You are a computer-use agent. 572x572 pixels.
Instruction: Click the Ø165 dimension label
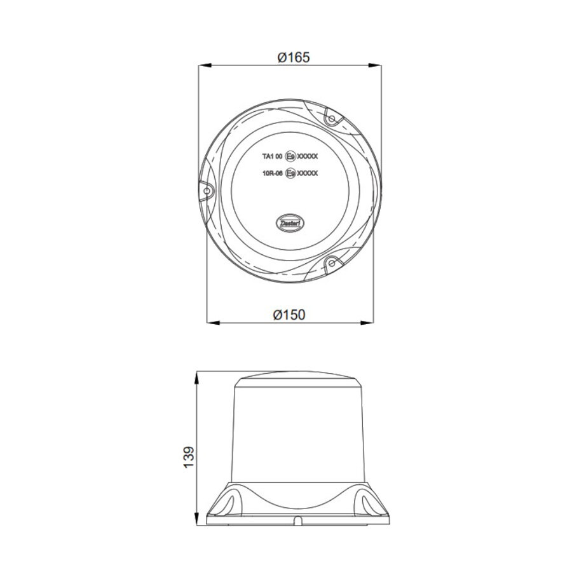(x=293, y=57)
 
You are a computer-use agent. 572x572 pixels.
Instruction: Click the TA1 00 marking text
(x=272, y=155)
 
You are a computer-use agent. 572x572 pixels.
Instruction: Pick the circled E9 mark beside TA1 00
(x=292, y=155)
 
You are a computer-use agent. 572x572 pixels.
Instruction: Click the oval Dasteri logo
(x=293, y=222)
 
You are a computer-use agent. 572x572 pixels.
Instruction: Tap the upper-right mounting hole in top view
(x=331, y=118)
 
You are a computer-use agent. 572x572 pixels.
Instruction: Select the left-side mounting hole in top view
(x=207, y=190)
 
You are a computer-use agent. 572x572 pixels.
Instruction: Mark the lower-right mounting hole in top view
(x=331, y=262)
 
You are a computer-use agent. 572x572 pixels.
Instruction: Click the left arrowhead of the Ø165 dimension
(x=204, y=64)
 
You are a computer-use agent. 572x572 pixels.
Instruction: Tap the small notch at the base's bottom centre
(x=296, y=522)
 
